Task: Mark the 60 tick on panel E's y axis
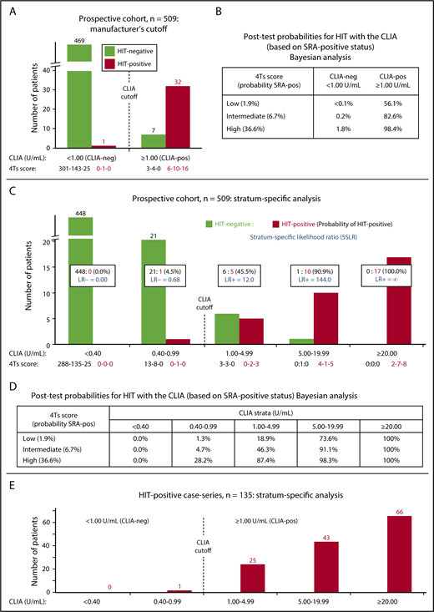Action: pyautogui.click(x=43, y=528)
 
